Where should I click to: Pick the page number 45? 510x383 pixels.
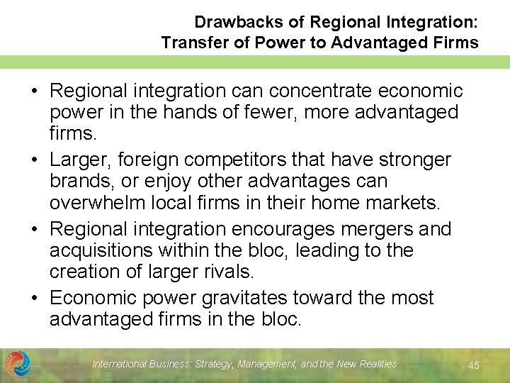473,365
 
